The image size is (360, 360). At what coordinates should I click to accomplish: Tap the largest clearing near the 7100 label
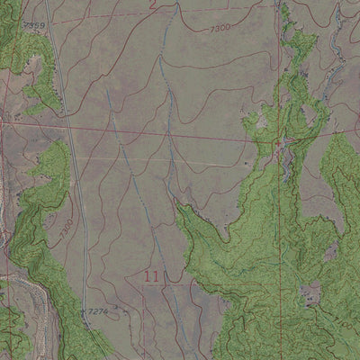point(311,292)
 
